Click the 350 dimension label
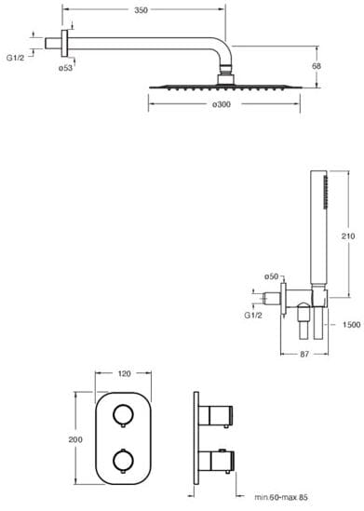tap(141, 10)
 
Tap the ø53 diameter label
tap(65, 68)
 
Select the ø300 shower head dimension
tap(222, 104)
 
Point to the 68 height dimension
tap(317, 66)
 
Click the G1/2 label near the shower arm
tap(15, 58)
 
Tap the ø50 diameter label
tap(272, 276)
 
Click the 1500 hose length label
tap(352, 325)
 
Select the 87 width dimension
tap(304, 354)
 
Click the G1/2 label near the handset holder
tap(253, 316)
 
